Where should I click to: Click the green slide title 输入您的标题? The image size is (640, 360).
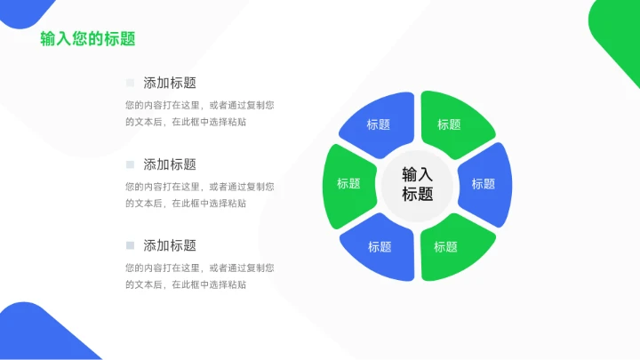[x=88, y=39]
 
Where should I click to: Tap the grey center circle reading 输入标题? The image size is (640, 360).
[x=417, y=184]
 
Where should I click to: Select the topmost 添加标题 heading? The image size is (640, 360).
[x=170, y=83]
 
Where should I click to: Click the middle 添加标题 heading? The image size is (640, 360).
[x=170, y=164]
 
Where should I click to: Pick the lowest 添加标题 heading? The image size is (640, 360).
[x=170, y=245]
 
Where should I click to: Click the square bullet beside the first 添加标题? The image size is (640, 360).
[x=130, y=83]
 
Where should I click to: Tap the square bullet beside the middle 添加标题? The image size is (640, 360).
[x=130, y=164]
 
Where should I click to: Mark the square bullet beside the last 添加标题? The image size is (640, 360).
[x=130, y=245]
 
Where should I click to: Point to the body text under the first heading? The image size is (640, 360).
[x=199, y=113]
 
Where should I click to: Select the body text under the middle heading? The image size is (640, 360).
[x=199, y=195]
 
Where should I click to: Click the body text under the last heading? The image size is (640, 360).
[x=199, y=276]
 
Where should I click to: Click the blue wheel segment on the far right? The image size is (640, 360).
[x=485, y=184]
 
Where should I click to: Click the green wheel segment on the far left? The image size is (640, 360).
[x=348, y=184]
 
